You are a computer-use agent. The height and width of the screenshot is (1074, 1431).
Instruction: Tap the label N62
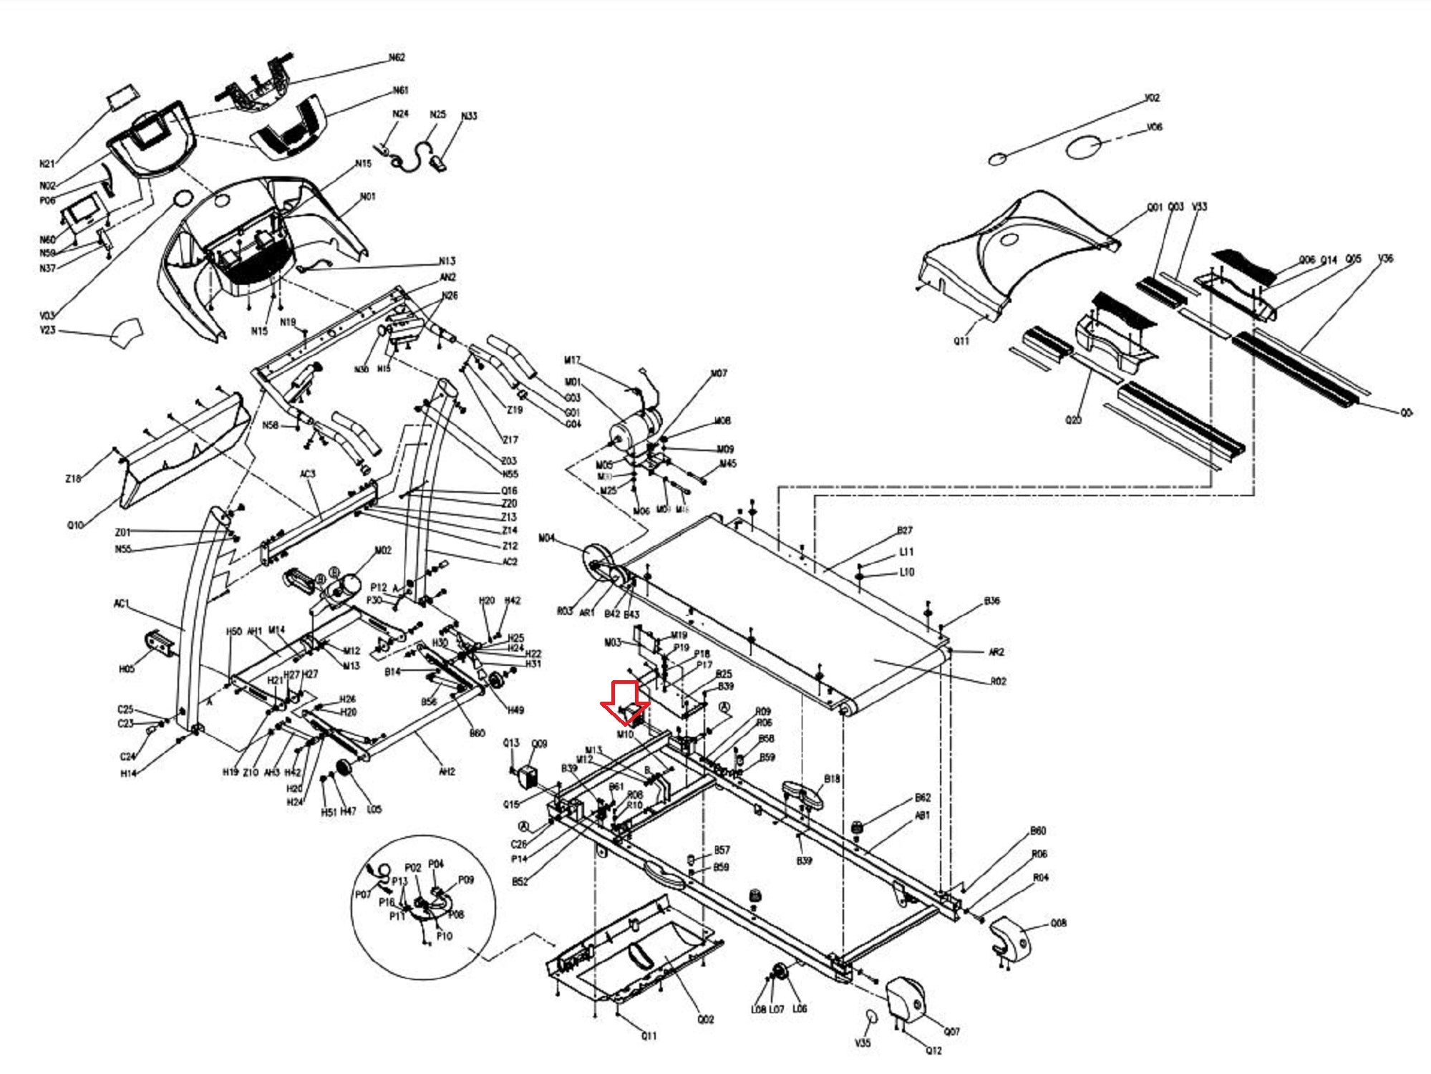tap(397, 57)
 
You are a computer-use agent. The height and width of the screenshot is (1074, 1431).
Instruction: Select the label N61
tap(400, 90)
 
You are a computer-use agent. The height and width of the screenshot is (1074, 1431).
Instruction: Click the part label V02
tap(1152, 97)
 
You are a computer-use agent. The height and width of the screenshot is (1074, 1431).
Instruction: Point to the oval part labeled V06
tap(1083, 147)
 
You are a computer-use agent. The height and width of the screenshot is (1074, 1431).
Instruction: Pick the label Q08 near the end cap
tap(1058, 923)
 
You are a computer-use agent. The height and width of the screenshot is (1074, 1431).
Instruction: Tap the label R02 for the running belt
tap(998, 681)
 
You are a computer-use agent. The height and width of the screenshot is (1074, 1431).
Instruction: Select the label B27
tap(905, 531)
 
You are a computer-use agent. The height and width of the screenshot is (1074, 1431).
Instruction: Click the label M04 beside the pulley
tap(546, 538)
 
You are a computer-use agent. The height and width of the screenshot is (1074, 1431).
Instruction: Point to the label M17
tap(572, 360)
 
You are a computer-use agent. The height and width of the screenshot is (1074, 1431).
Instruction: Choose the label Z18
tap(73, 478)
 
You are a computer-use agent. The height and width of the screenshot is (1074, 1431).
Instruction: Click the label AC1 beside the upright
tap(122, 604)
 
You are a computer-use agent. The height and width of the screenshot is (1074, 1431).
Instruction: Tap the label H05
tap(126, 669)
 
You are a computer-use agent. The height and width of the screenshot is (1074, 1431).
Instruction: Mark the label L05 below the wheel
tap(374, 809)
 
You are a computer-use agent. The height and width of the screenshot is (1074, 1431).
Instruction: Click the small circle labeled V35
tap(871, 1017)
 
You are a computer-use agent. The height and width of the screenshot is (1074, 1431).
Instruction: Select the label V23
tap(47, 330)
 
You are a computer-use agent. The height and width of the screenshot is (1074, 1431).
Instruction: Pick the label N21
tap(47, 164)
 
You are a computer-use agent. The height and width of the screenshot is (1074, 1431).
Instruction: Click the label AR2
tap(996, 652)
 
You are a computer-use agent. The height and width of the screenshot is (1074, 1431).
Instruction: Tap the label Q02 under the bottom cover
tap(705, 1019)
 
